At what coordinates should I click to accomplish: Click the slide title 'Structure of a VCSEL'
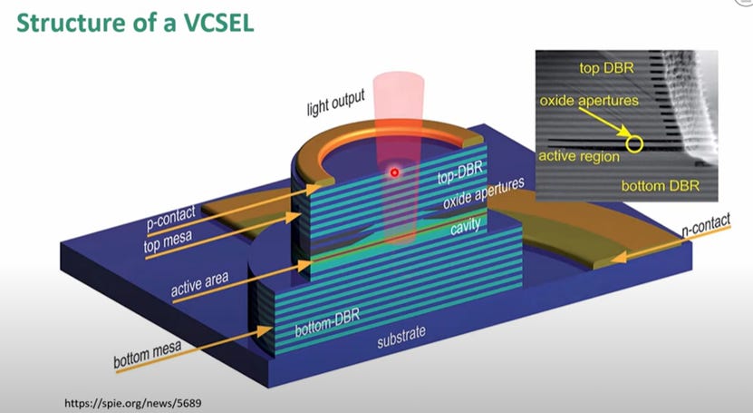pyautogui.click(x=135, y=23)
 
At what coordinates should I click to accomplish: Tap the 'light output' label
pyautogui.click(x=335, y=102)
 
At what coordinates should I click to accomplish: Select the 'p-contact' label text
pyautogui.click(x=171, y=218)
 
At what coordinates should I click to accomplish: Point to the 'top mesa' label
pyautogui.click(x=168, y=241)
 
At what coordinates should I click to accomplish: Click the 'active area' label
pyautogui.click(x=199, y=284)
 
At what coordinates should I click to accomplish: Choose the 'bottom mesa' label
pyautogui.click(x=148, y=354)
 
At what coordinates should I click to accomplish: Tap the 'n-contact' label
pyautogui.click(x=706, y=224)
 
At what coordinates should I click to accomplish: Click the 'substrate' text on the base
pyautogui.click(x=401, y=336)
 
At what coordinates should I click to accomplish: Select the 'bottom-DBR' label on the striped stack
pyautogui.click(x=327, y=322)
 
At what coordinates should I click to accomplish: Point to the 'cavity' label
pyautogui.click(x=466, y=226)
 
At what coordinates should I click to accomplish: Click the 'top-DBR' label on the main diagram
pyautogui.click(x=459, y=172)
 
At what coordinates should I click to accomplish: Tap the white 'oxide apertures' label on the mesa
pyautogui.click(x=483, y=192)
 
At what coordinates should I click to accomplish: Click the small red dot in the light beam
pyautogui.click(x=394, y=172)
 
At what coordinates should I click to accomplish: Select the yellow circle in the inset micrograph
pyautogui.click(x=634, y=143)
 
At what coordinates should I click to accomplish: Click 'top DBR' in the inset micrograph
pyautogui.click(x=606, y=68)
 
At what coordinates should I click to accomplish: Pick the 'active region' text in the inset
pyautogui.click(x=579, y=157)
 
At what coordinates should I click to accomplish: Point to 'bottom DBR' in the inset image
pyautogui.click(x=661, y=185)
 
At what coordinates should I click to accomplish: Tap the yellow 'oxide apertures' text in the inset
pyautogui.click(x=589, y=101)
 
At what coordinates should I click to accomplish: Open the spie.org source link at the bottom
pyautogui.click(x=133, y=403)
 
